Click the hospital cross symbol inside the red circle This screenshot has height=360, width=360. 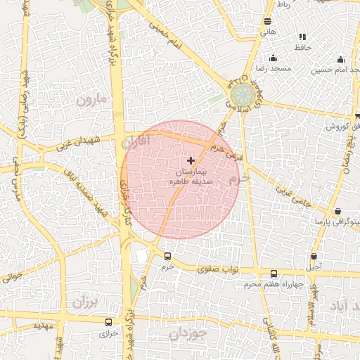(x=191, y=161)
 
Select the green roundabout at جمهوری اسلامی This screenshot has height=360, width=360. (x=240, y=94)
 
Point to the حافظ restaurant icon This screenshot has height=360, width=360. (x=302, y=37)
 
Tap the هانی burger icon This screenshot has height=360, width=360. (x=267, y=22)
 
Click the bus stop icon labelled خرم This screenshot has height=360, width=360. (x=167, y=257)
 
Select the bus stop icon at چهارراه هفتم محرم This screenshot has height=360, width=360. (x=274, y=274)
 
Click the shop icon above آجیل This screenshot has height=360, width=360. (x=314, y=256)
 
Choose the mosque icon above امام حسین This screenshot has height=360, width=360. (x=340, y=59)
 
